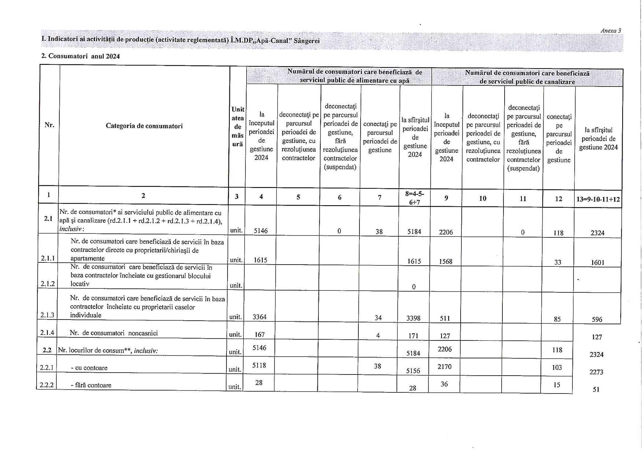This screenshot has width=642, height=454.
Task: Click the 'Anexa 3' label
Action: click(x=610, y=31)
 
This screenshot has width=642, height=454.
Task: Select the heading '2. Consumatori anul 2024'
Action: click(x=80, y=56)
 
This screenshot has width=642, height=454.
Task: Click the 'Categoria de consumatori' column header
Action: click(x=144, y=126)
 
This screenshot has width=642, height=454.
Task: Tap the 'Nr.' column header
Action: click(x=49, y=125)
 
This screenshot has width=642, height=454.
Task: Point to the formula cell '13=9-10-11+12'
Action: click(x=598, y=199)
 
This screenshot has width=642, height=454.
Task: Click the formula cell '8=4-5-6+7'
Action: click(x=414, y=198)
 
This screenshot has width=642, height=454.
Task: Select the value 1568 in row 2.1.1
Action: click(x=446, y=261)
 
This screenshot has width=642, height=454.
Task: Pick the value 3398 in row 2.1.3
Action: click(x=413, y=318)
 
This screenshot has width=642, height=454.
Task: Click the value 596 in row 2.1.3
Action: click(x=597, y=320)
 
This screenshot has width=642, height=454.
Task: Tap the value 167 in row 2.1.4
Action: click(x=259, y=335)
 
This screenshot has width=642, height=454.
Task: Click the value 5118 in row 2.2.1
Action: click(x=259, y=365)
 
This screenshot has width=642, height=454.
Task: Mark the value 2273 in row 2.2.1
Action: click(x=596, y=372)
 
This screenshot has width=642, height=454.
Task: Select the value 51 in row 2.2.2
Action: click(x=596, y=390)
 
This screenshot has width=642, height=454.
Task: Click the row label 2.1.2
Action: click(x=48, y=283)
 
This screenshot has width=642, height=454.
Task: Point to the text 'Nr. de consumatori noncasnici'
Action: click(x=114, y=333)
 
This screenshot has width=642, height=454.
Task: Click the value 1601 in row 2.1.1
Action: click(x=597, y=262)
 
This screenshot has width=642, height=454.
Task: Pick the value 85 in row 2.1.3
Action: click(x=557, y=319)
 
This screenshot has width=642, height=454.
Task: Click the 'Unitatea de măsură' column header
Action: click(x=237, y=126)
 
